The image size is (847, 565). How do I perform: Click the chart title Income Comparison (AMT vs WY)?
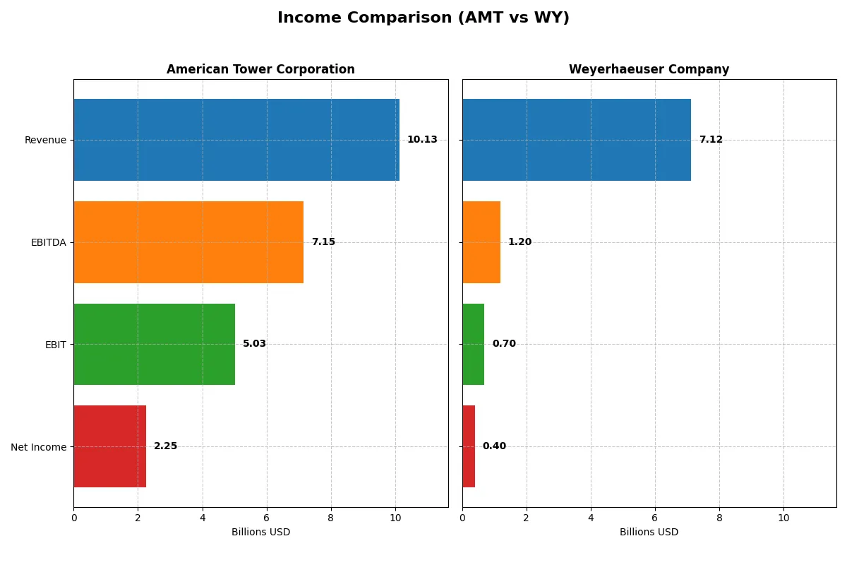(x=423, y=18)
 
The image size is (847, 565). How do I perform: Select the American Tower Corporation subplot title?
(x=260, y=69)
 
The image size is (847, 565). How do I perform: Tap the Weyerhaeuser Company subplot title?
(x=649, y=69)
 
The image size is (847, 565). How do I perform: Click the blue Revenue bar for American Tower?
(x=236, y=140)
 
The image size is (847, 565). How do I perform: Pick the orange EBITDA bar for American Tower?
(x=188, y=242)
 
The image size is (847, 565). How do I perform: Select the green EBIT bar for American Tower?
(x=154, y=344)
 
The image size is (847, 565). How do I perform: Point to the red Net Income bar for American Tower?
(x=109, y=446)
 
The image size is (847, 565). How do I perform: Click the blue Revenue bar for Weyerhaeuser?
(x=577, y=140)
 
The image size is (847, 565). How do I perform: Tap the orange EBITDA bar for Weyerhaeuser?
(x=481, y=242)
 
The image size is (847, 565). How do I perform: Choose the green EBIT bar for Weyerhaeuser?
(x=473, y=344)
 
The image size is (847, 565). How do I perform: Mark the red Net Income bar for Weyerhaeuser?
(x=469, y=446)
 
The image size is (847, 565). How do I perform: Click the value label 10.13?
(x=422, y=140)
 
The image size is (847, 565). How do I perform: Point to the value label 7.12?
(x=711, y=140)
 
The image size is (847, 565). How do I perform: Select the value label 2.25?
(x=165, y=446)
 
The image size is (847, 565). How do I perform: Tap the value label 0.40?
(x=494, y=446)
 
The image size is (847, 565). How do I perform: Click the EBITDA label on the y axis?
(x=48, y=242)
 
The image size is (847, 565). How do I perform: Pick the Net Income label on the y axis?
(x=39, y=447)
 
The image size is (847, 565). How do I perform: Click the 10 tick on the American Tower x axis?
(x=395, y=518)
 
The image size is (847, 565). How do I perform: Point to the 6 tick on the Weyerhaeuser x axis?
(x=655, y=518)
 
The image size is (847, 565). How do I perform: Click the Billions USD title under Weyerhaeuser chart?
(x=649, y=532)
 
